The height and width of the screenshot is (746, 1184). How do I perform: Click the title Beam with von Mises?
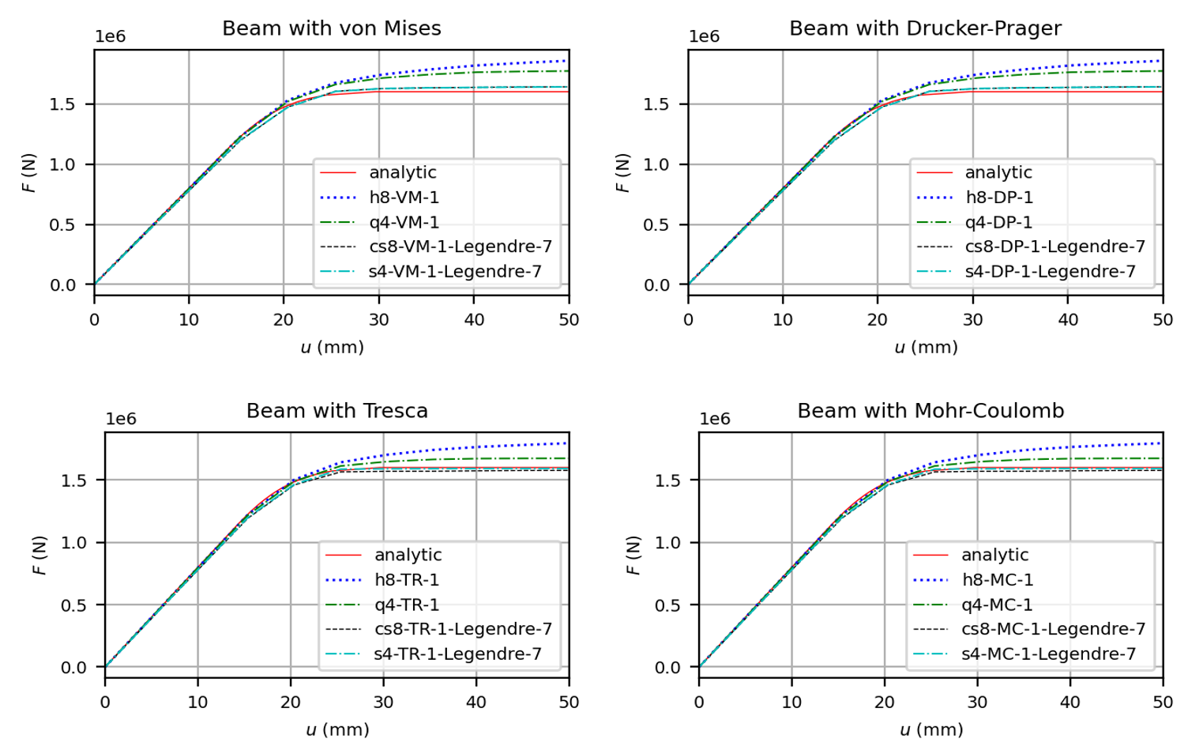coord(331,28)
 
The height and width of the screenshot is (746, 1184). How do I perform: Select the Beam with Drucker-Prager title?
coord(925,28)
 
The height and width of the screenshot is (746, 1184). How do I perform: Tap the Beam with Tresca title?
coord(336,411)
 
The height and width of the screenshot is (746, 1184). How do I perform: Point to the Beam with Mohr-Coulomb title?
coord(930,411)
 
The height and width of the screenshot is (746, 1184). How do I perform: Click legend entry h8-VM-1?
coord(404,198)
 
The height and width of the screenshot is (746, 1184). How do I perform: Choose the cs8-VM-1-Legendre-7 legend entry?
coord(460,247)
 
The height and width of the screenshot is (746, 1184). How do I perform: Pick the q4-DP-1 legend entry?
coord(998,222)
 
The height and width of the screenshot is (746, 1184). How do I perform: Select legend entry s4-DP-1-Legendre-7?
coord(1050,272)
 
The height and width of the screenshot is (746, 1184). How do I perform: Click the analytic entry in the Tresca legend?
coord(408,555)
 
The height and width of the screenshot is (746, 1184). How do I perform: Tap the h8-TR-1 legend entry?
coord(406,580)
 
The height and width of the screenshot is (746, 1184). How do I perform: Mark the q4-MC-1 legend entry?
coord(997,605)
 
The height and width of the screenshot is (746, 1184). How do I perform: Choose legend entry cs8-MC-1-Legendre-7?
coord(1053,629)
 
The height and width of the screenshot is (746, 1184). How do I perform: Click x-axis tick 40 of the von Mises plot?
coord(474,320)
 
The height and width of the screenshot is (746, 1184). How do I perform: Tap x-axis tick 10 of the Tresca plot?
coord(197,703)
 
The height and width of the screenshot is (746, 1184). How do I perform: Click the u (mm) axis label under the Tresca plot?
coord(337,729)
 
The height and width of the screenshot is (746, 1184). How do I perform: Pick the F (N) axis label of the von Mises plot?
coord(29,173)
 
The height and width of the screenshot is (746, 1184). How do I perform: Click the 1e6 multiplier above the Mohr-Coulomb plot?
coord(715,419)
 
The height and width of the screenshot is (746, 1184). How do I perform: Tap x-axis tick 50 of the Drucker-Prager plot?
coord(1163,320)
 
